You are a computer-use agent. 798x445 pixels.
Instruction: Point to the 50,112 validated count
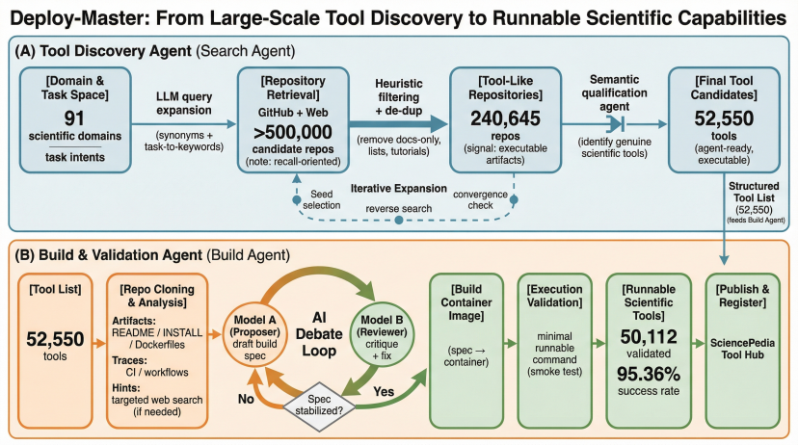tap(649, 336)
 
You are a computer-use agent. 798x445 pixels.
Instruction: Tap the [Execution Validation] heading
tap(557, 299)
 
